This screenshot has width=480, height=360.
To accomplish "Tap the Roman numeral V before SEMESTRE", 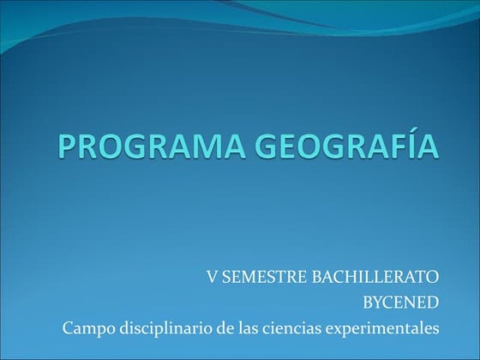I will (211, 277).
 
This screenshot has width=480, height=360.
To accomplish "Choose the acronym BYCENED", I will (402, 302).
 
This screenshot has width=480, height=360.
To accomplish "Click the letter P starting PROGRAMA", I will (69, 147).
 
